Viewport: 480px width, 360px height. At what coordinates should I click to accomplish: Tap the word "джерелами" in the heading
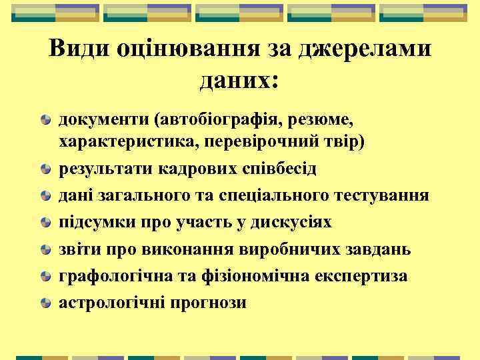coord(369,50)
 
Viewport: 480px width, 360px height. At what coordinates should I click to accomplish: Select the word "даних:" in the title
coord(239,81)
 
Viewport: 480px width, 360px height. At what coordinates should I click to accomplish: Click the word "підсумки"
coord(91,223)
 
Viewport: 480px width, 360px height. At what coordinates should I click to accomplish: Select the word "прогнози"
coord(213,303)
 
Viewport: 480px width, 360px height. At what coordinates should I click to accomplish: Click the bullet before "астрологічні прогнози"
coord(45,303)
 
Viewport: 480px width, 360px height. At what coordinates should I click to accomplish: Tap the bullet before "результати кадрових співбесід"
coord(45,170)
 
